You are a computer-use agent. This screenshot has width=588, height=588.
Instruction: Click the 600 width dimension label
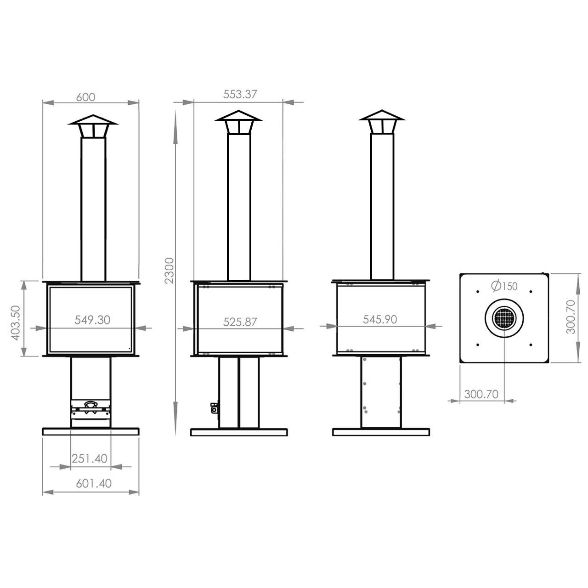coord(85,97)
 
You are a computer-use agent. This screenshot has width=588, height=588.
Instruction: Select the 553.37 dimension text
coord(240,94)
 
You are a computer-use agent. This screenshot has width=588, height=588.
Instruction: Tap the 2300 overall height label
coord(169,271)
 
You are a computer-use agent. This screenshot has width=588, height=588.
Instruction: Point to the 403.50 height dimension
coord(15,323)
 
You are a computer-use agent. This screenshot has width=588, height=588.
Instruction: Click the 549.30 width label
coord(92,319)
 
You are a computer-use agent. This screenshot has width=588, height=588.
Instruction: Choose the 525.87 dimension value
coord(240,322)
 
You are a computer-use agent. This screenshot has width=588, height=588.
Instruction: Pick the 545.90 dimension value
coord(380,319)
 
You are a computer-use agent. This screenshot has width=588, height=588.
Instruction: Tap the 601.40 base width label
coord(94,483)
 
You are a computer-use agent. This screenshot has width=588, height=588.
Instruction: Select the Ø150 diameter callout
coord(504,286)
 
